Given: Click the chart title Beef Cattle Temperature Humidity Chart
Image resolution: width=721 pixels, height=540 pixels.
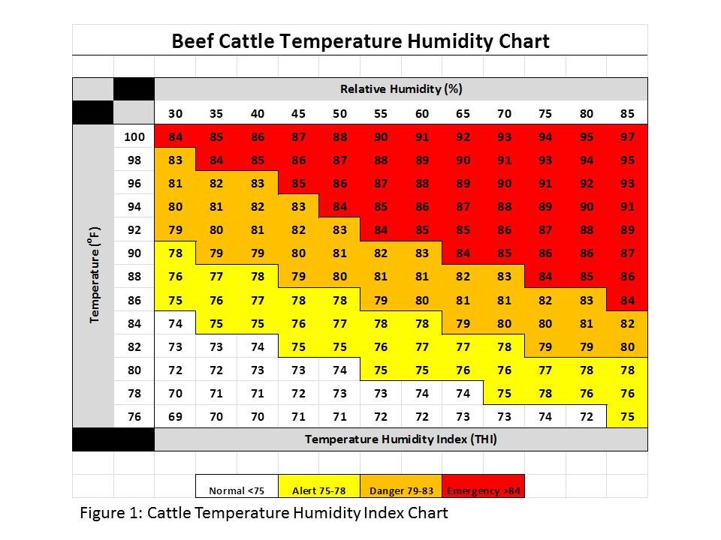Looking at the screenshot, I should [360, 40].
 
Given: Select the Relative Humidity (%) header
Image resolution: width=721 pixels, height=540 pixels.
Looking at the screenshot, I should [401, 88].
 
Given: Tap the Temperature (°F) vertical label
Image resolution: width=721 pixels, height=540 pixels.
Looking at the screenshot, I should [95, 274].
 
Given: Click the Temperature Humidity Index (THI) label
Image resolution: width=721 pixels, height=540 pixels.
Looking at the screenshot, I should [401, 439].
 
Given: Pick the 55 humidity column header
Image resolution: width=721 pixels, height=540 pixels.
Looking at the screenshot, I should [380, 114].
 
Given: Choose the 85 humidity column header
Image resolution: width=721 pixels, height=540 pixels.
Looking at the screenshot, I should [627, 114].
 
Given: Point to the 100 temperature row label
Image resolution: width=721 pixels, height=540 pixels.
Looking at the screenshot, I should [134, 136].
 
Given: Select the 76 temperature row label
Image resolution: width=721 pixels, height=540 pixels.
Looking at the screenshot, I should [134, 416].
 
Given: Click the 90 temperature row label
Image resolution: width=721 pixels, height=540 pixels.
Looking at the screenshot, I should [134, 253].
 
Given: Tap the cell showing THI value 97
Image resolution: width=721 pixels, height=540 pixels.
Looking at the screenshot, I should [627, 136].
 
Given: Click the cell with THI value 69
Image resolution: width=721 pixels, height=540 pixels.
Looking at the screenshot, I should [175, 416].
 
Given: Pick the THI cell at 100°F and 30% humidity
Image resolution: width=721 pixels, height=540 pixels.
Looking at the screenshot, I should [175, 136].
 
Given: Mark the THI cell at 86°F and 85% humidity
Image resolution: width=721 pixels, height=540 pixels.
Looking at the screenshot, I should [627, 300].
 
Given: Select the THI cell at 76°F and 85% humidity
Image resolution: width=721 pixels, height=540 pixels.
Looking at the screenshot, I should [627, 416].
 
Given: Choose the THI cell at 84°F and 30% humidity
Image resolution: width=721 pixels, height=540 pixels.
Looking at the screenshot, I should [175, 323].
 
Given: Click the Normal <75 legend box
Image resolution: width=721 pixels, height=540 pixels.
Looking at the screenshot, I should [237, 491].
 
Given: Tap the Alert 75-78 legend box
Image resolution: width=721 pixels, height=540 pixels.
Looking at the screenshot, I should [318, 491].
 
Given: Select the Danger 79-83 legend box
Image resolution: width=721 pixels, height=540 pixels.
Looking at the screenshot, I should [401, 491].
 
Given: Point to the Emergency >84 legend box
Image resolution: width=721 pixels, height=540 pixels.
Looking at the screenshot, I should [483, 491].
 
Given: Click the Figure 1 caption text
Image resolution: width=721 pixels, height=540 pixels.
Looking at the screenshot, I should [264, 514].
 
